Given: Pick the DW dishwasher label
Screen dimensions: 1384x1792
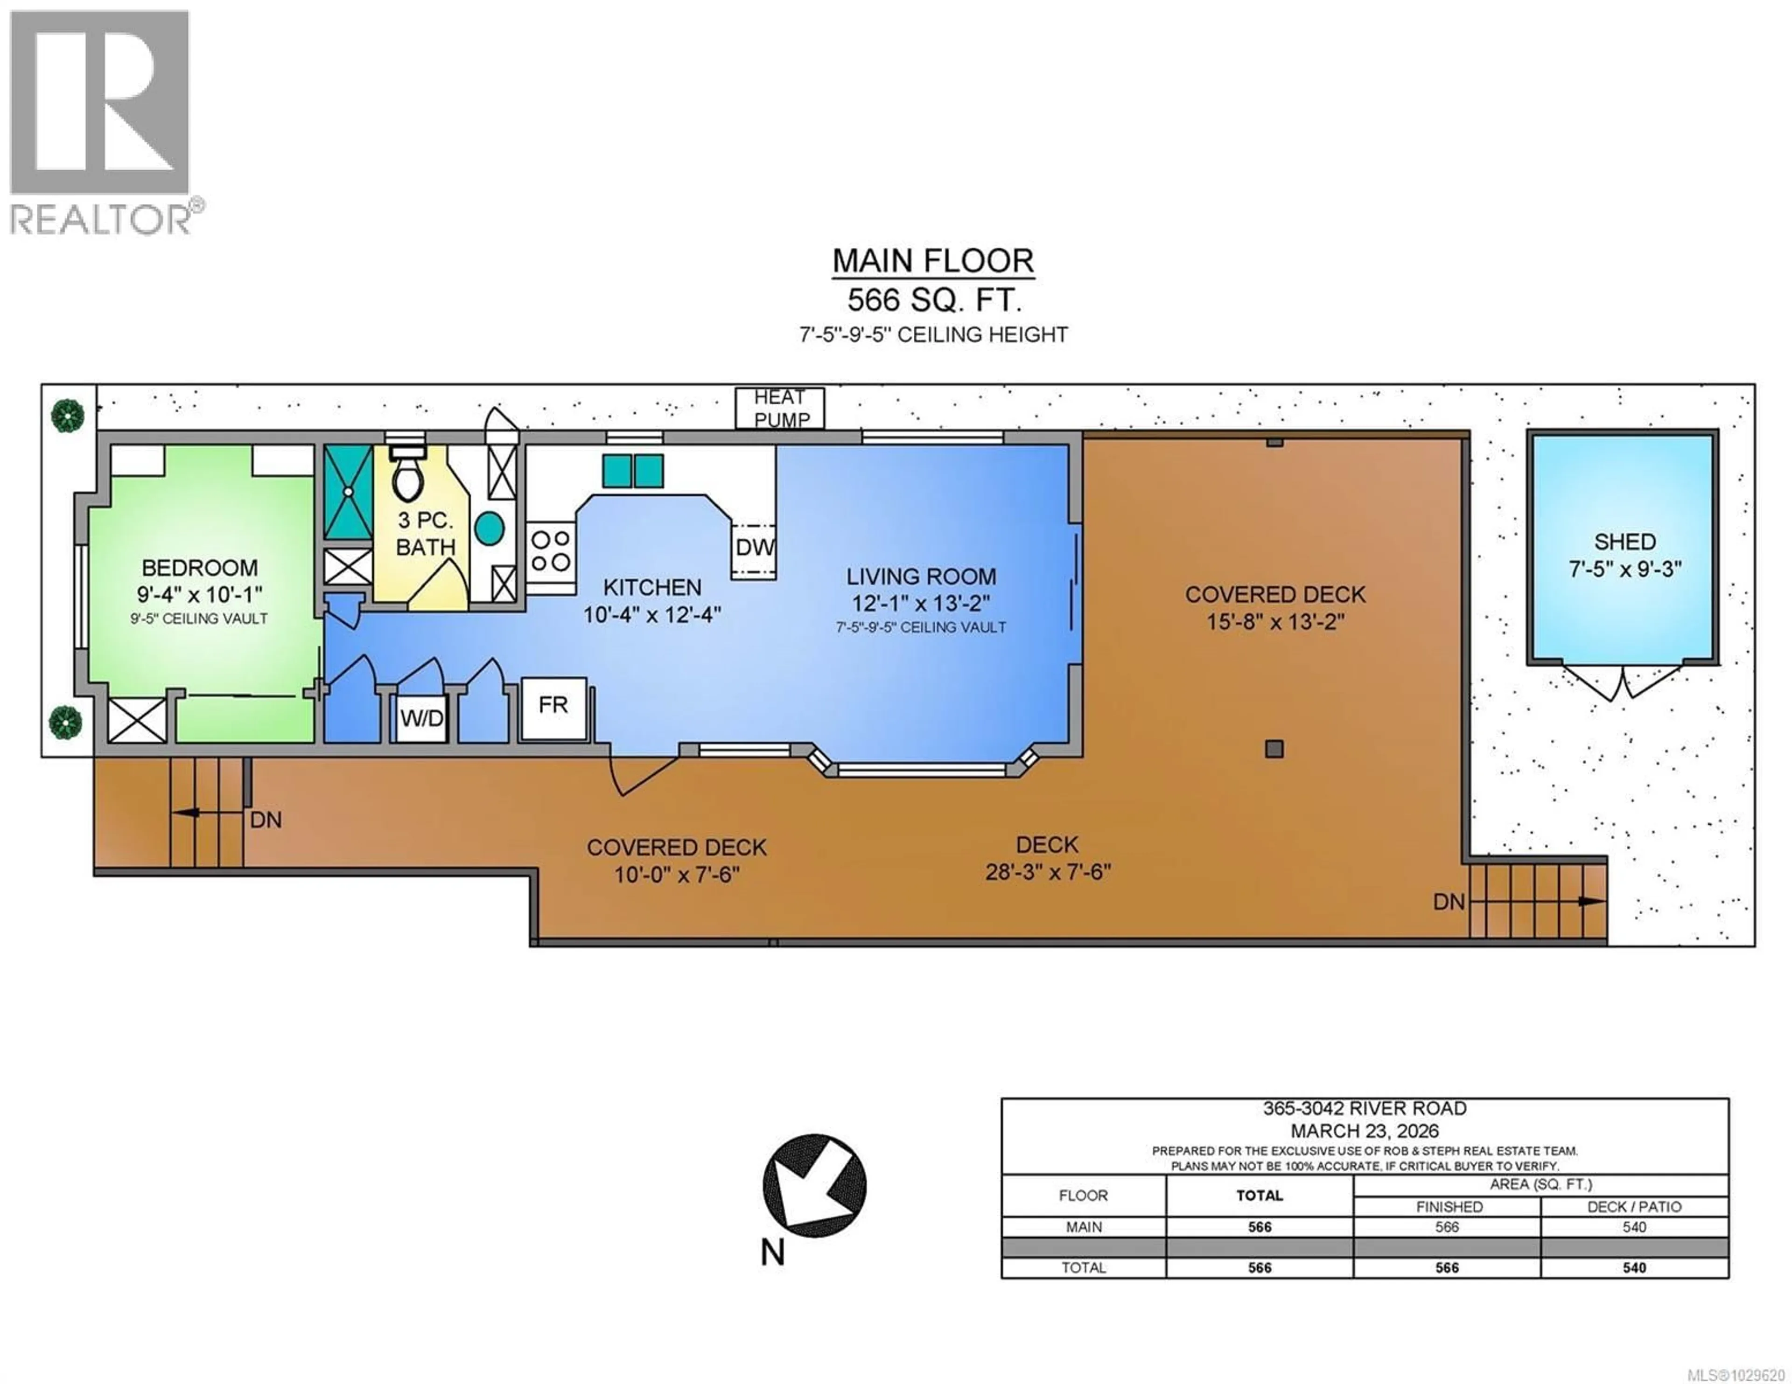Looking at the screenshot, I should click(754, 547).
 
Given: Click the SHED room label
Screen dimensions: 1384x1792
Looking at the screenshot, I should click(1624, 542).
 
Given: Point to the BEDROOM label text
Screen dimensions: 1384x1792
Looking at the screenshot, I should click(199, 568).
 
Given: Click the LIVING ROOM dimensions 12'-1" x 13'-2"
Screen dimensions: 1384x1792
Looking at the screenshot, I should click(921, 604).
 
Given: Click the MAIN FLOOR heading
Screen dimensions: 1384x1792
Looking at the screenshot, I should click(933, 261).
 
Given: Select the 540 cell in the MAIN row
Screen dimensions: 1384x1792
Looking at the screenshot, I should click(1634, 1227).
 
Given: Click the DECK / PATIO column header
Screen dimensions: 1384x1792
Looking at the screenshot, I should click(1634, 1207).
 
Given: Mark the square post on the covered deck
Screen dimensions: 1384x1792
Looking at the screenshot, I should click(1274, 748).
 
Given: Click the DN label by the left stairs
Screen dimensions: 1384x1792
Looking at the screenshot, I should click(266, 820).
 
